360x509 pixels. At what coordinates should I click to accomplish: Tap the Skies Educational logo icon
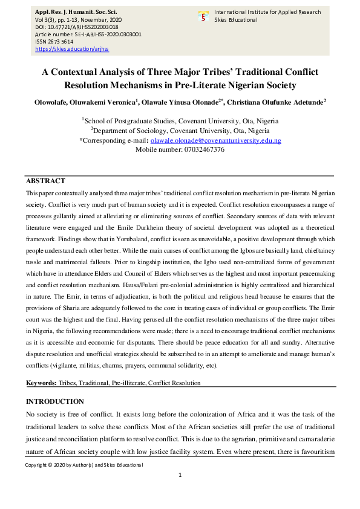[x=203, y=16]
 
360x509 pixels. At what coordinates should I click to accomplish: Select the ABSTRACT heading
[x=45, y=181]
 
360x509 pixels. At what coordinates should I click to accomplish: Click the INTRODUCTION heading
[x=54, y=401]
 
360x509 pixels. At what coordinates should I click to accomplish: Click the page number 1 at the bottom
[x=180, y=476]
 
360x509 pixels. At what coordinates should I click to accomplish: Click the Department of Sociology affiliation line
[x=180, y=130]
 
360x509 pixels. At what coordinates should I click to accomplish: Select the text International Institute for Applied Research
[x=267, y=12]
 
